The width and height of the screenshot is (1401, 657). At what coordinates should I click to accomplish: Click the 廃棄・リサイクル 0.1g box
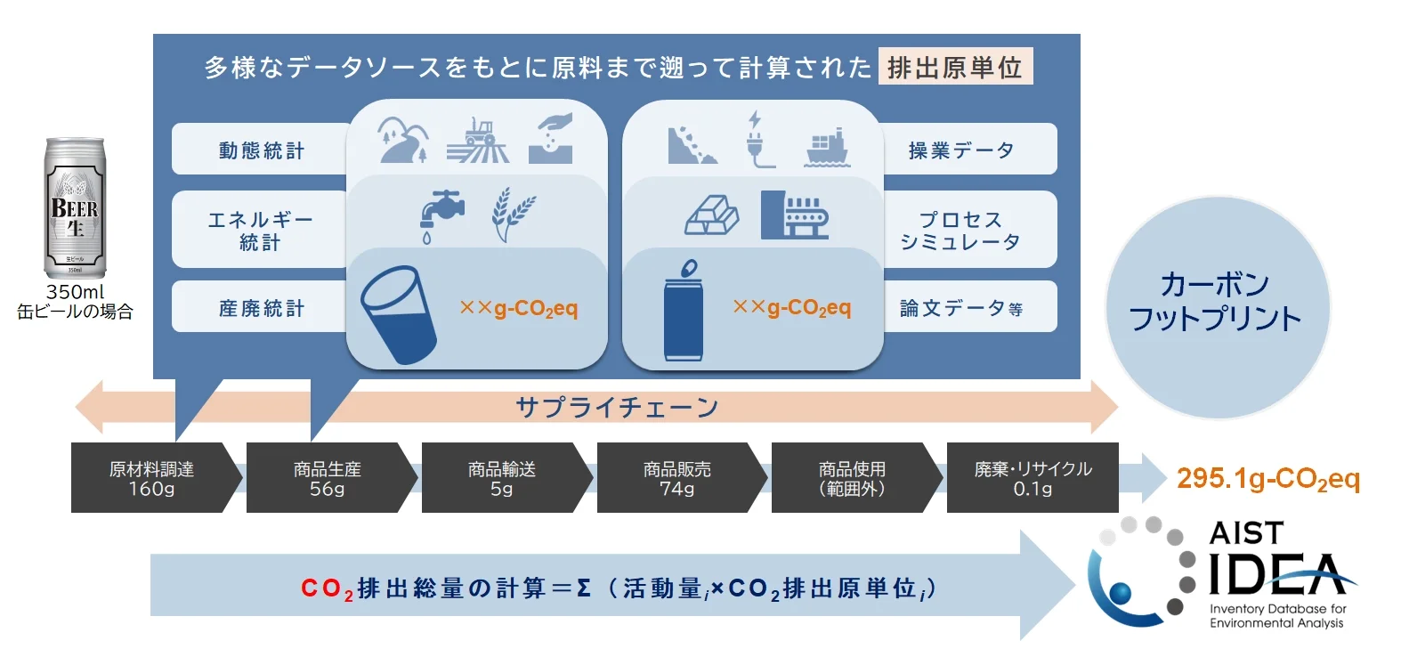point(1033,478)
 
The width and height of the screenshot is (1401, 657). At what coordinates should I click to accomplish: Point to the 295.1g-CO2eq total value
point(1268,479)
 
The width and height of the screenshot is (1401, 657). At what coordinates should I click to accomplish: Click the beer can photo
point(75,207)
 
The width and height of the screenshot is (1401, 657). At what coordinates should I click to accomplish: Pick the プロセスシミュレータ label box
point(968,230)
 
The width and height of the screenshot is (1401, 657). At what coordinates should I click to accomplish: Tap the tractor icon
point(478,140)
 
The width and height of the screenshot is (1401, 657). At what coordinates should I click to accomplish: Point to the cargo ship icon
point(827,148)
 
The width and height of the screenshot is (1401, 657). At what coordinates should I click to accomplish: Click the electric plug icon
point(759,140)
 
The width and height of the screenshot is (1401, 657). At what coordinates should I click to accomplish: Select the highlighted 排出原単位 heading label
point(955,67)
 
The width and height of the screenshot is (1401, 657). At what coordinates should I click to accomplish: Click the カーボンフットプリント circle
point(1217,306)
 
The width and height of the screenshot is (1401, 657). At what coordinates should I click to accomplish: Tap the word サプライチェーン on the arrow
point(618,408)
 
